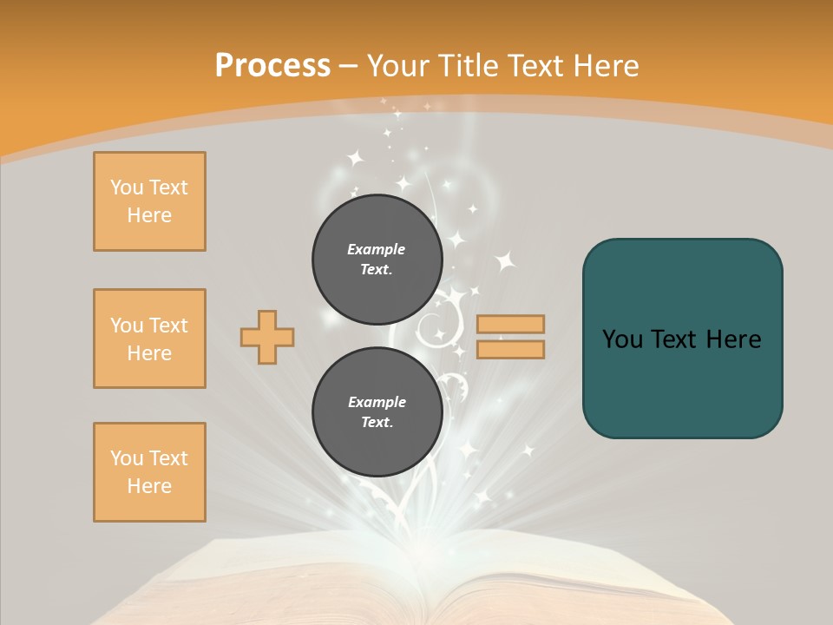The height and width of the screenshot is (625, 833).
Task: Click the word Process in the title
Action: point(272,65)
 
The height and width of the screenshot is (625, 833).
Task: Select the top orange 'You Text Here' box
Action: point(149,201)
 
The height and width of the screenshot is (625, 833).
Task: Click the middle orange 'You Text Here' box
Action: point(149,339)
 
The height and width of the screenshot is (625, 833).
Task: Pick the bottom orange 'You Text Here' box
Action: point(149,472)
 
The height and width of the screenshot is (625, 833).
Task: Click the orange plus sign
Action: point(267,337)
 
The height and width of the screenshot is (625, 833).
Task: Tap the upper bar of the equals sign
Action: point(510,324)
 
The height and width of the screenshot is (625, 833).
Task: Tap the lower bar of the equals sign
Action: point(510,349)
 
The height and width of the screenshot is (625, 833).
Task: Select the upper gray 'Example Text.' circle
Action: point(377,259)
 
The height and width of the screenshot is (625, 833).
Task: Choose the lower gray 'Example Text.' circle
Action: point(377,411)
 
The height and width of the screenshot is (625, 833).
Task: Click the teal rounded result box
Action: point(682,339)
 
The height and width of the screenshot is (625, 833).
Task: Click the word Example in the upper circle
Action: point(377,249)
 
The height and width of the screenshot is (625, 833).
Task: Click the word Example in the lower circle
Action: point(377,402)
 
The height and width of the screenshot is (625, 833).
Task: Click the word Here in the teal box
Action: point(733,339)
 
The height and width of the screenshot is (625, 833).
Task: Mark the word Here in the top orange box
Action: point(149,215)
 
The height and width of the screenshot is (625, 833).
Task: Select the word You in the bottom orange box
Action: point(126,458)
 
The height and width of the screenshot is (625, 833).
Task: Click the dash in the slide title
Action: point(349,67)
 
